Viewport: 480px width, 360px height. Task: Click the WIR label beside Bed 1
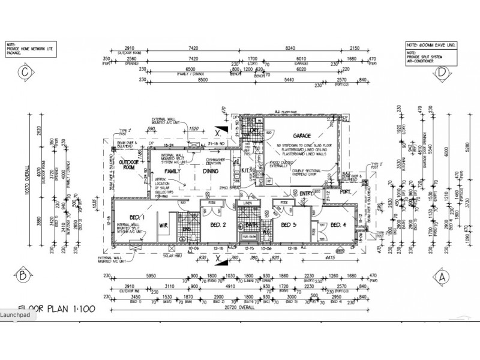161,227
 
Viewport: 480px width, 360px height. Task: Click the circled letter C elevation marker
25,73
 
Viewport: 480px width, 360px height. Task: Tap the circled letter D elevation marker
442,73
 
